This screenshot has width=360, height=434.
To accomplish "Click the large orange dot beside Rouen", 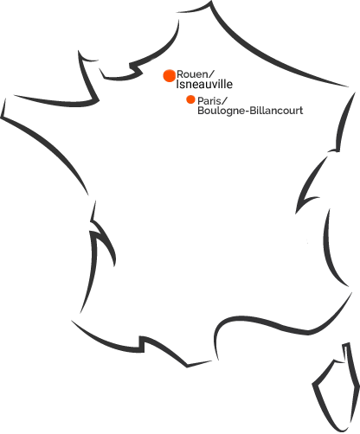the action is tap(170, 76).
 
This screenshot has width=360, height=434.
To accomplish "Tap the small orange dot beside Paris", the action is tap(190, 99).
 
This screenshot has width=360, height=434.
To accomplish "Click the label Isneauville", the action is tap(204, 84).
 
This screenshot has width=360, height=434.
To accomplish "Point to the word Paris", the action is tap(209, 101).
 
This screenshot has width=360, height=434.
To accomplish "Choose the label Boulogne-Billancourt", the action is tap(250, 111).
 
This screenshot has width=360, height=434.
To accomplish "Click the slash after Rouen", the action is tap(211, 74).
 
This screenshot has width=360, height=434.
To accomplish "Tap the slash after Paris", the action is tap(225, 101).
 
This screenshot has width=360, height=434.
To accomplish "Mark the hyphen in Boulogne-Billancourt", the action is tap(247, 112).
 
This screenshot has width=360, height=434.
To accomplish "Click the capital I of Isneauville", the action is tap(177, 84).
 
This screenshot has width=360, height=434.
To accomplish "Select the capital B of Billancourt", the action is tap(253, 111).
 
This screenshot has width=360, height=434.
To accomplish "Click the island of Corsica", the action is tap(337, 386).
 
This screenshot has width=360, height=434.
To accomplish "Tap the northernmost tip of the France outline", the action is tap(211, 2).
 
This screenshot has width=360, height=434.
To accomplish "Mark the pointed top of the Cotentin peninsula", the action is tap(79, 52).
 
